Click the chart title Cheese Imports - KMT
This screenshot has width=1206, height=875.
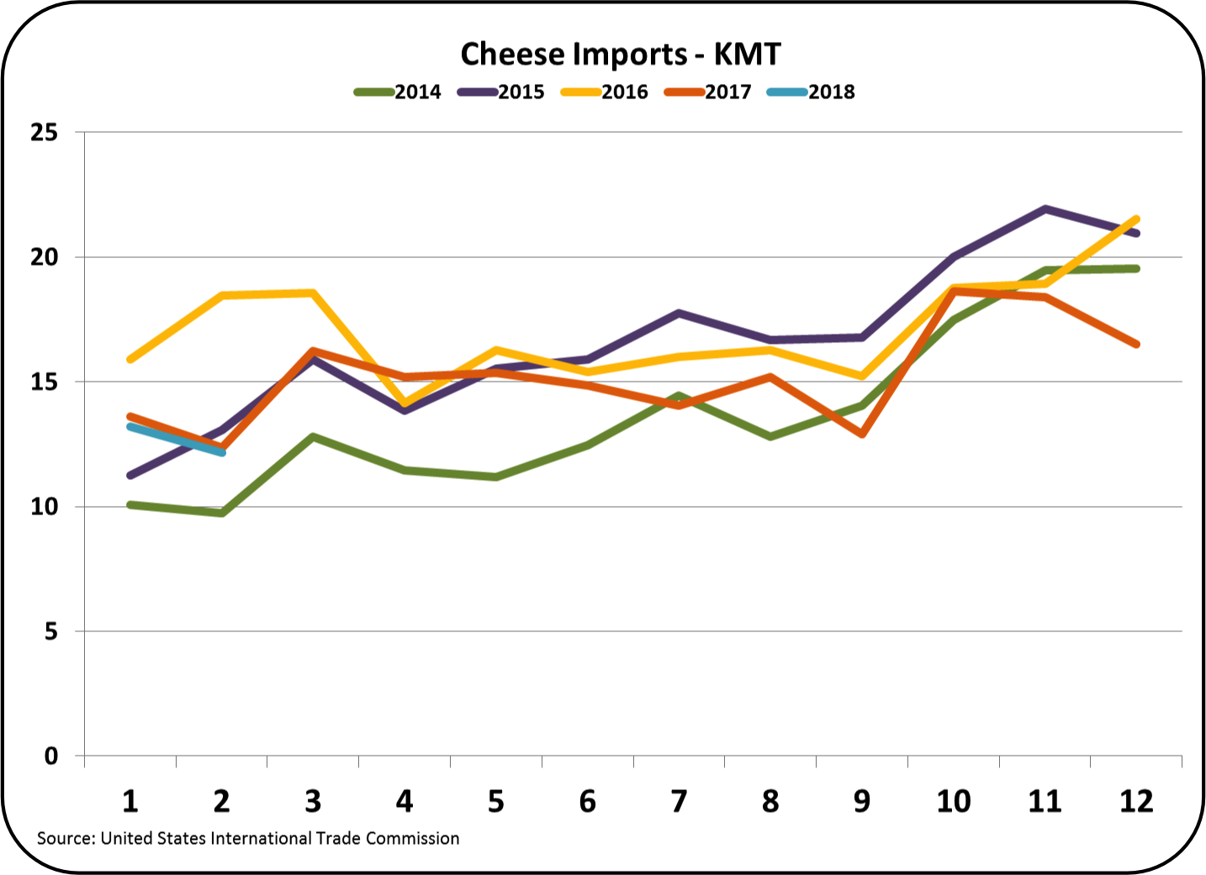point(621,55)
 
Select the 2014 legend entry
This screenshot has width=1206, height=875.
point(398,92)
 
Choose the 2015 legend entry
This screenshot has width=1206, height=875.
point(501,92)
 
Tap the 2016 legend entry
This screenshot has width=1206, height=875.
point(605,92)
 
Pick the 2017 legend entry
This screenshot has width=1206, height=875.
point(708,92)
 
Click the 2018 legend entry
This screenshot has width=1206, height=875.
point(812,92)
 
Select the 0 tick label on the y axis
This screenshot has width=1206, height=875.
point(50,756)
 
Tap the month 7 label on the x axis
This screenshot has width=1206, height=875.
point(679,802)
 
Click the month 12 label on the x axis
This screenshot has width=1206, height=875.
point(1136,802)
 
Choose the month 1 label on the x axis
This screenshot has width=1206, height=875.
point(130,802)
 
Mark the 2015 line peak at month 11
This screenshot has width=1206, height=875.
point(1045,208)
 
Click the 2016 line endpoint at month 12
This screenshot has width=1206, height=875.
point(1136,219)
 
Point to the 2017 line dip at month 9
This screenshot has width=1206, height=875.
point(862,434)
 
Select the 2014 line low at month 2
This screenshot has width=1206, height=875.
point(222,513)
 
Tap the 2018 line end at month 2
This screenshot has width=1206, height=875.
point(222,452)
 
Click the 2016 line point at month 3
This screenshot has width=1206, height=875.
point(313,293)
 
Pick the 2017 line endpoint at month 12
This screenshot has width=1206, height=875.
point(1136,344)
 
